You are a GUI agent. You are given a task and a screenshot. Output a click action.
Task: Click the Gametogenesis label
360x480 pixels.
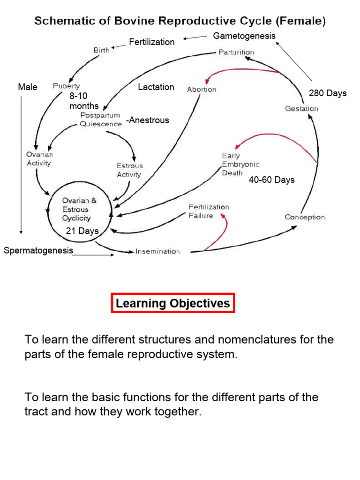tap(244, 36)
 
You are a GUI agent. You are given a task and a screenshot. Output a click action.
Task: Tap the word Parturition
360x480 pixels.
tap(236, 52)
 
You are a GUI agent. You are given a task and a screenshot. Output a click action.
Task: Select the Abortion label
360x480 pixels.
tap(202, 90)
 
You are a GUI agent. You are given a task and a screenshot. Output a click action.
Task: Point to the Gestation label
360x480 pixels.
tap(301, 109)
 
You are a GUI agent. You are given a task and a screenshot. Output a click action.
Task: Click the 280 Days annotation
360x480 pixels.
tap(328, 93)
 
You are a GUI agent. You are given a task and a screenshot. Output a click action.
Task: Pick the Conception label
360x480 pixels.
tap(305, 217)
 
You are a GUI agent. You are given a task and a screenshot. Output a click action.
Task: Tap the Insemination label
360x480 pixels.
tap(157, 251)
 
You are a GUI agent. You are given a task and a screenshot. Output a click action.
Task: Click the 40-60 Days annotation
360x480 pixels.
tap(271, 180)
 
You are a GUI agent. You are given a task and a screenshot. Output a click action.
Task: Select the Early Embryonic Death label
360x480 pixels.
tap(240, 165)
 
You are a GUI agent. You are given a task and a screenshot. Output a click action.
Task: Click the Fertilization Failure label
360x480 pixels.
tap(209, 211)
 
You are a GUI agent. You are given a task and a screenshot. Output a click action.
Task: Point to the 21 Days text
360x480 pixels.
tap(82, 231)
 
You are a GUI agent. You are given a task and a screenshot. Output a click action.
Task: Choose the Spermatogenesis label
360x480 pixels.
tap(38, 250)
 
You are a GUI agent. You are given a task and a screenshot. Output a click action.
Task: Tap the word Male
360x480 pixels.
tap(28, 87)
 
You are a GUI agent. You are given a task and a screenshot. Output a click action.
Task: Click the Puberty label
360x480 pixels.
tap(67, 86)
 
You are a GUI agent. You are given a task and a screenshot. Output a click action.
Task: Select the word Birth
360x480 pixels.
tap(101, 50)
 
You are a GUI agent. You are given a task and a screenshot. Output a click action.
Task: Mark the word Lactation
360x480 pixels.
tap(156, 87)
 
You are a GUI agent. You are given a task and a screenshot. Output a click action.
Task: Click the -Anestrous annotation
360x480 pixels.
tap(148, 120)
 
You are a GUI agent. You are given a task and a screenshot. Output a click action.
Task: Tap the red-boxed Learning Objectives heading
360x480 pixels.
tap(172, 303)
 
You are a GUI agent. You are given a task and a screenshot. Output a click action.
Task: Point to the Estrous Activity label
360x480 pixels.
tap(130, 170)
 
